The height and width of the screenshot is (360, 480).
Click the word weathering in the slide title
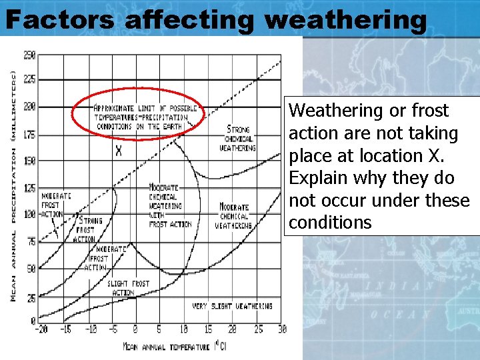(345, 20)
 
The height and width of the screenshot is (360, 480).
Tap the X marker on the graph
(119, 151)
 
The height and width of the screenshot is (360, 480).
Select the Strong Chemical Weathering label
(237, 138)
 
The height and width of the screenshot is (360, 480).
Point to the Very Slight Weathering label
(232, 306)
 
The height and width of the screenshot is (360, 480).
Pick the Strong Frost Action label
(89, 229)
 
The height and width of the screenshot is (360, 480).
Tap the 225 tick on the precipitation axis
(29, 79)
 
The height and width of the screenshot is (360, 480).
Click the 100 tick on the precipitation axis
(29, 215)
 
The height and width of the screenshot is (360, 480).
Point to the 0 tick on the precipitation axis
(32, 321)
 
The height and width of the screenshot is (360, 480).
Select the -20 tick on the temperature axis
(43, 330)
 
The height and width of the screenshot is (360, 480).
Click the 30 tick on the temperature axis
(281, 330)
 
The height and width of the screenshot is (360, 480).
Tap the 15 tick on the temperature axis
(208, 330)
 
